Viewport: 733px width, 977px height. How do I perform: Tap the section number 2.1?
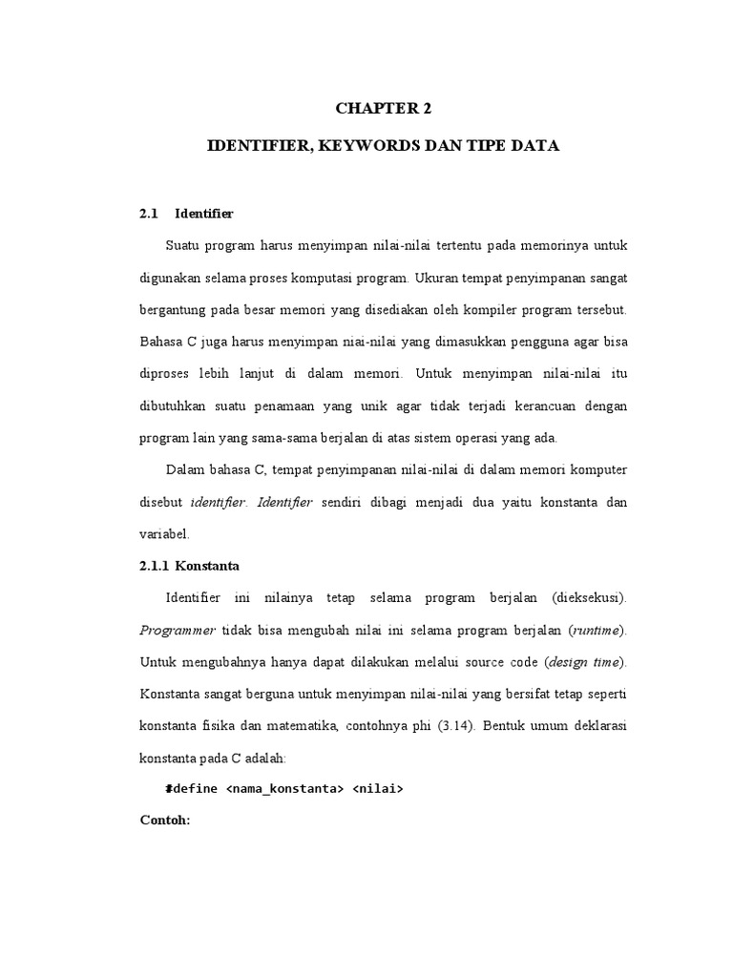click(x=147, y=213)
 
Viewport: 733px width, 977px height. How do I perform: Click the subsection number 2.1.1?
click(x=154, y=566)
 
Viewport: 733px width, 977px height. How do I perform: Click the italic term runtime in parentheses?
click(x=596, y=631)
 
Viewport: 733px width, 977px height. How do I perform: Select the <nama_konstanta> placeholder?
click(x=284, y=790)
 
